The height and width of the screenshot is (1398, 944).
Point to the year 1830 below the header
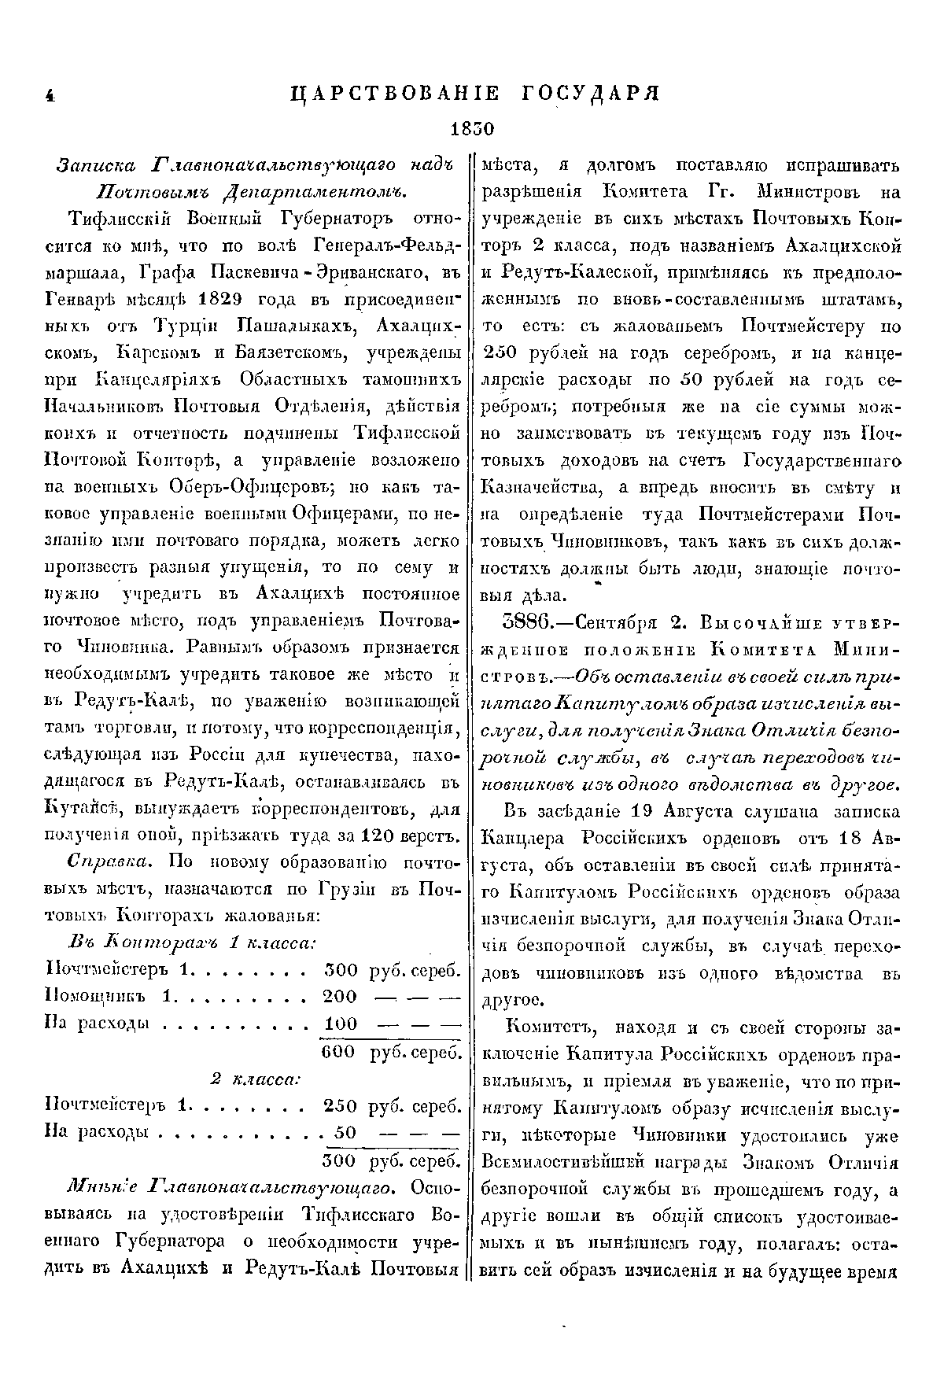point(470,128)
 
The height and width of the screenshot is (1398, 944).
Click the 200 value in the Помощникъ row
point(340,997)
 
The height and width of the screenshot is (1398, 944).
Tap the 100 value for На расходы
point(340,1024)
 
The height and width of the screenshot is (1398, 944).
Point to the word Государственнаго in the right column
point(818,461)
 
